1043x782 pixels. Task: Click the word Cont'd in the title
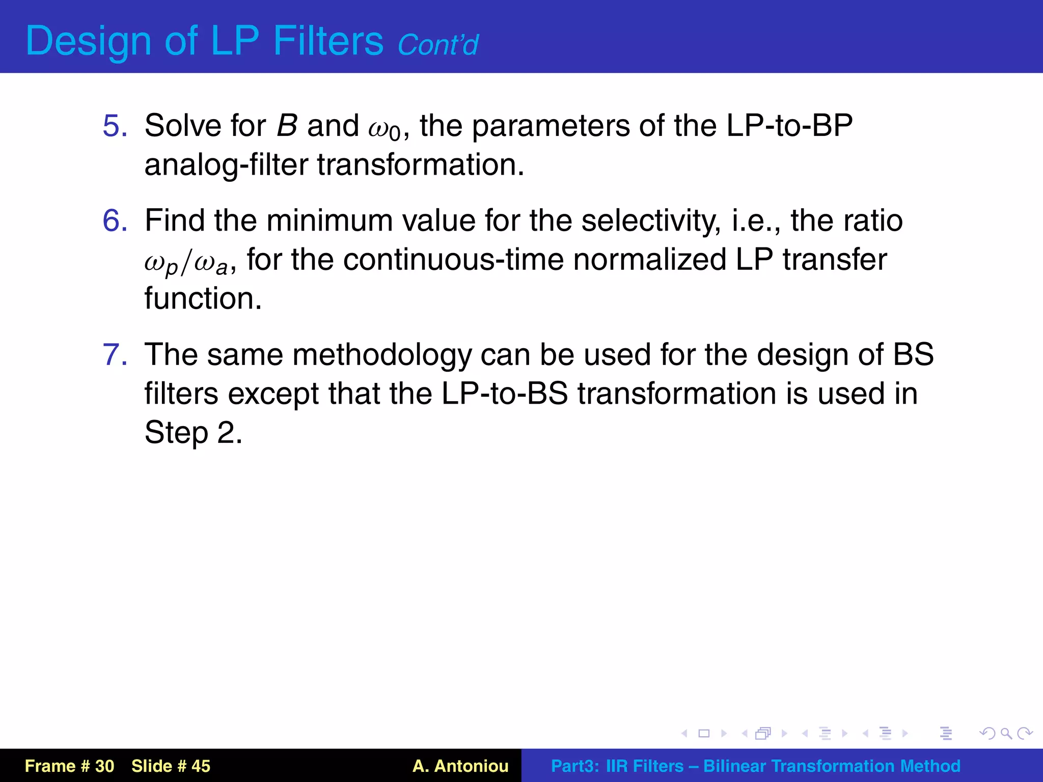click(437, 45)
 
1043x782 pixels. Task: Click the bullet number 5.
click(115, 126)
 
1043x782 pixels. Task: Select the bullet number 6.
click(115, 220)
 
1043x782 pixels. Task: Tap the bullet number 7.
click(115, 354)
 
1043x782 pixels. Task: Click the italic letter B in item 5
click(287, 125)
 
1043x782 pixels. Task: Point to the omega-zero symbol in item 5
click(385, 128)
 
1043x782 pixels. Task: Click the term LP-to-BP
click(789, 125)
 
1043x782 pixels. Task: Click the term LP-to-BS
click(504, 394)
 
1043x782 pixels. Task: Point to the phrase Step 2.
click(193, 433)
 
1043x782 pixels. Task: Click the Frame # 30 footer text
click(69, 766)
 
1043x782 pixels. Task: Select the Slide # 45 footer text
click(171, 766)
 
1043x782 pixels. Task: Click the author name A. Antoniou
click(460, 766)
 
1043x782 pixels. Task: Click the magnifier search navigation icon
click(1006, 734)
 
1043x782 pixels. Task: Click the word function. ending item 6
click(203, 298)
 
